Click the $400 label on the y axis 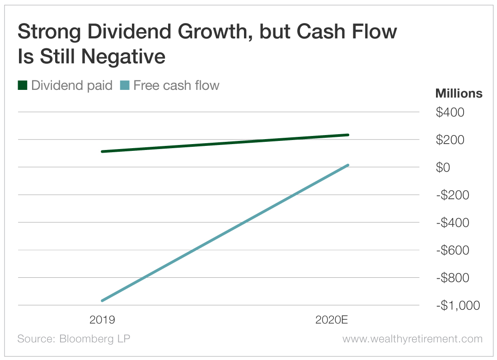(450, 112)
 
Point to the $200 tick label (450, 140)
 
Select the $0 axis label (443, 168)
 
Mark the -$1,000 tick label (458, 306)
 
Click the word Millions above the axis (459, 94)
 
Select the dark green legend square (23, 85)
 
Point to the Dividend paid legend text (71, 85)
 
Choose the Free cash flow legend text (176, 85)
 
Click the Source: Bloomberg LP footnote (74, 339)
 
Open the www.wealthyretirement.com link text (412, 339)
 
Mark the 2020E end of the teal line (348, 165)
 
